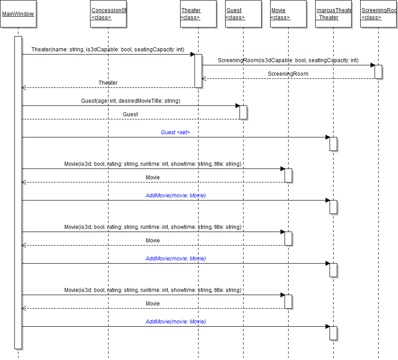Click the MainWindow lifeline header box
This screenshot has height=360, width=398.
18,14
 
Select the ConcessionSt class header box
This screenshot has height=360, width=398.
108,14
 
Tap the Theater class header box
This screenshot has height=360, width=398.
198,14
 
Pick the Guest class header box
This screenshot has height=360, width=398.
243,14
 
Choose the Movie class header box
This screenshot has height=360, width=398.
288,14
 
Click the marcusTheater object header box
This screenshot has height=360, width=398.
333,14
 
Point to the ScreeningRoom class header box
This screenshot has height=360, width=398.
379,14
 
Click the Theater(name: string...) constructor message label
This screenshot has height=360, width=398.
108,49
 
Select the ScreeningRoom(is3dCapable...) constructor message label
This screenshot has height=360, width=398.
288,60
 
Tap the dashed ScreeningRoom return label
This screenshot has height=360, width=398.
288,73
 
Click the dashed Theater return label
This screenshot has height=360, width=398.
108,82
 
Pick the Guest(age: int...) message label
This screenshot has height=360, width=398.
131,100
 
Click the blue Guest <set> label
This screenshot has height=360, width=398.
176,132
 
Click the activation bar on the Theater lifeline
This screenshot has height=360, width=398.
198,71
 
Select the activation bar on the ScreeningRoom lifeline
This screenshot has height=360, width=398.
378,72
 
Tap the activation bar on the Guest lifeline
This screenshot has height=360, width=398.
243,112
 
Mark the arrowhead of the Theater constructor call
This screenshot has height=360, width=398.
192,54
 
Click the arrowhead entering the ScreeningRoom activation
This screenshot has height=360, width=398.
372,65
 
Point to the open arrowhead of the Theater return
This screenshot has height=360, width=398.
24,87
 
